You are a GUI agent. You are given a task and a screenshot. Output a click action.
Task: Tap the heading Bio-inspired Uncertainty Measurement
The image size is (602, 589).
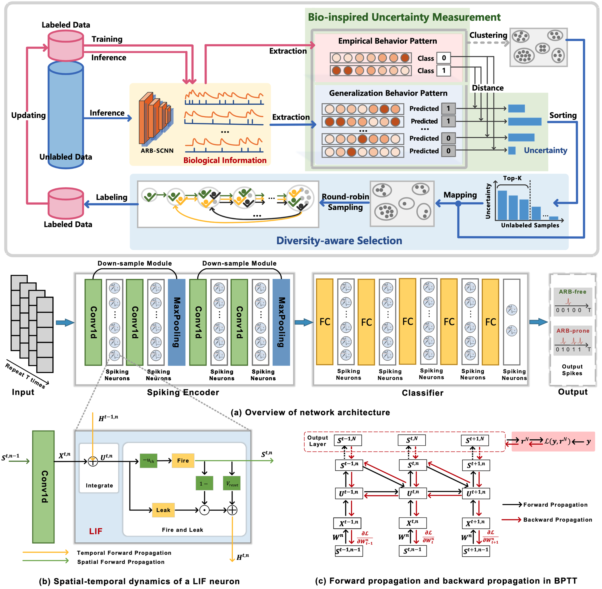404,17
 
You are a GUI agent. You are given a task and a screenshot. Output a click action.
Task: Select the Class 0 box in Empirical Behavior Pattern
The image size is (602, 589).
444,58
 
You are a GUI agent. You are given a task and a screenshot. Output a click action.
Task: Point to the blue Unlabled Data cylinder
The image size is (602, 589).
66,115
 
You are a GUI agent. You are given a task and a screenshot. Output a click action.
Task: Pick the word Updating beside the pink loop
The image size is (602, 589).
29,115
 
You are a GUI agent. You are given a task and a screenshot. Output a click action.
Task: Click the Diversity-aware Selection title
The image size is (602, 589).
339,241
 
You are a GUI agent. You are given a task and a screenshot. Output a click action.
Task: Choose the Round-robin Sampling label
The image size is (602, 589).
345,202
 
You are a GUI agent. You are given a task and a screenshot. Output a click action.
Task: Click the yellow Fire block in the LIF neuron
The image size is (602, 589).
183,461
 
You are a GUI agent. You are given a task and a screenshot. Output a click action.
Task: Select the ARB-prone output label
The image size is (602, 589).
573,331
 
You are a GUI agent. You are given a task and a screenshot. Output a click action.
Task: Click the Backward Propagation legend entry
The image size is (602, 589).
557,520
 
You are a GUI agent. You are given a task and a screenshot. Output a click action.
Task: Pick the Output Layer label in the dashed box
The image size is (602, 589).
318,441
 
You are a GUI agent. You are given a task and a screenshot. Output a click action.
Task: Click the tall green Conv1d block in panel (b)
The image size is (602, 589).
43,487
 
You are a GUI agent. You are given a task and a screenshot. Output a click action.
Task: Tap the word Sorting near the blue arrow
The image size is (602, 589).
563,115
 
